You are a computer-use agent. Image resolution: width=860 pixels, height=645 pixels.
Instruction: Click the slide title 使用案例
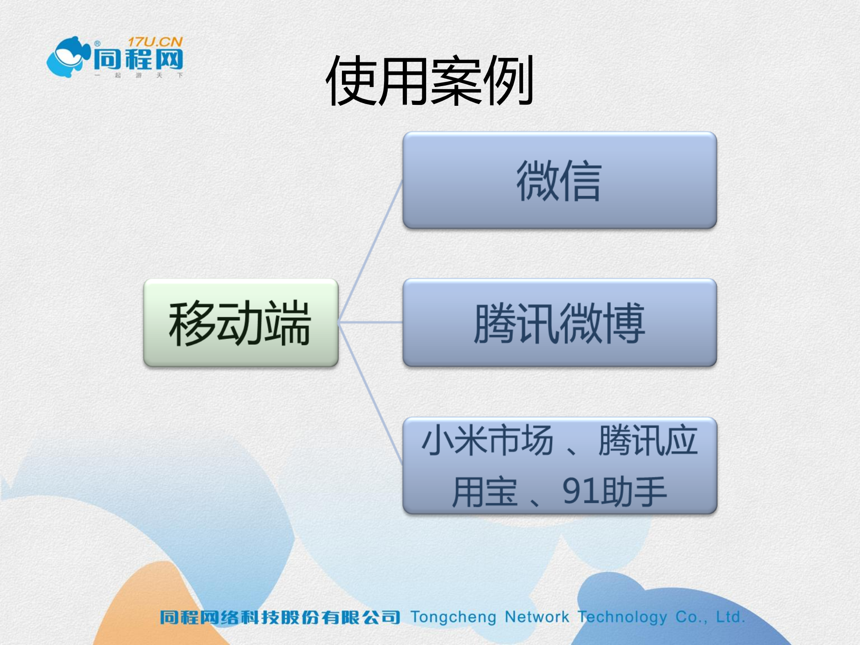pyautogui.click(x=429, y=81)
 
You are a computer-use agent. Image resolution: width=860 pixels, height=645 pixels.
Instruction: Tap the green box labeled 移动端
pyautogui.click(x=241, y=323)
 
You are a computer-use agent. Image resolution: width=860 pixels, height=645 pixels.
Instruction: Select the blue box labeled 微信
pyautogui.click(x=559, y=180)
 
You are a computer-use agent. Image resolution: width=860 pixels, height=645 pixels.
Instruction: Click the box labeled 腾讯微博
pyautogui.click(x=559, y=323)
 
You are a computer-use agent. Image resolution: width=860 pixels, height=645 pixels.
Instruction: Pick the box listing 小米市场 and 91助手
pyautogui.click(x=559, y=466)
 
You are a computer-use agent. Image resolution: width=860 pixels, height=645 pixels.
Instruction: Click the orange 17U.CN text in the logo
pyautogui.click(x=155, y=42)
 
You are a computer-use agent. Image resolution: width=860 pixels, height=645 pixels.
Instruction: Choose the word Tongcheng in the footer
pyautogui.click(x=453, y=617)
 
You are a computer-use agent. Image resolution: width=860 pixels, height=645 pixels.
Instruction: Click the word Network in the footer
pyautogui.click(x=536, y=617)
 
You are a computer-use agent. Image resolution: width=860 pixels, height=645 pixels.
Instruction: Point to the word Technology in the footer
pyautogui.click(x=622, y=617)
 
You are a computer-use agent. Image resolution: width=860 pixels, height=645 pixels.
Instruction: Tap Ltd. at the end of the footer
pyautogui.click(x=730, y=617)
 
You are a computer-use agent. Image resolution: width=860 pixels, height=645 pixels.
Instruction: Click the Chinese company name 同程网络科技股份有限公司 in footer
pyautogui.click(x=280, y=617)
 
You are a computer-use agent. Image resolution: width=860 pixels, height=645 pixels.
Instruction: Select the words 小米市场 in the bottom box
pyautogui.click(x=488, y=440)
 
